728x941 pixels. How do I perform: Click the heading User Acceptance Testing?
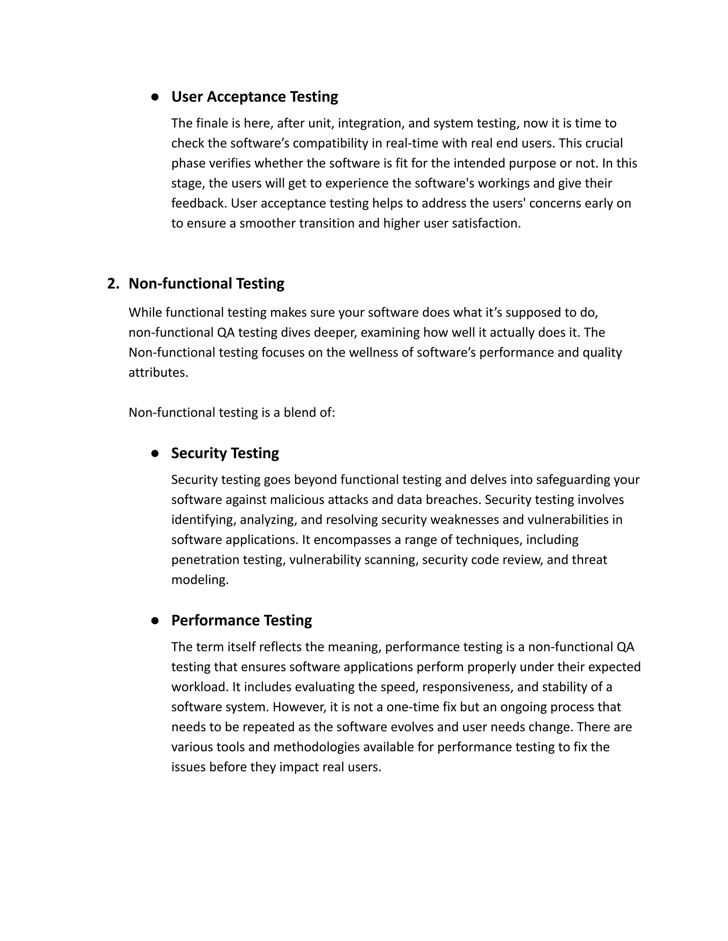[x=255, y=97]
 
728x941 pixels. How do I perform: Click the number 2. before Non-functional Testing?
[x=113, y=283]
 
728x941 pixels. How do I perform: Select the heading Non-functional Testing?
[x=206, y=283]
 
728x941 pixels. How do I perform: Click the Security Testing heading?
[x=225, y=453]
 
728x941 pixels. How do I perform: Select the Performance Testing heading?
[x=241, y=620]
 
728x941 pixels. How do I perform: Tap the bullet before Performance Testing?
[x=155, y=621]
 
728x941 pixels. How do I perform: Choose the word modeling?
[x=199, y=580]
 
